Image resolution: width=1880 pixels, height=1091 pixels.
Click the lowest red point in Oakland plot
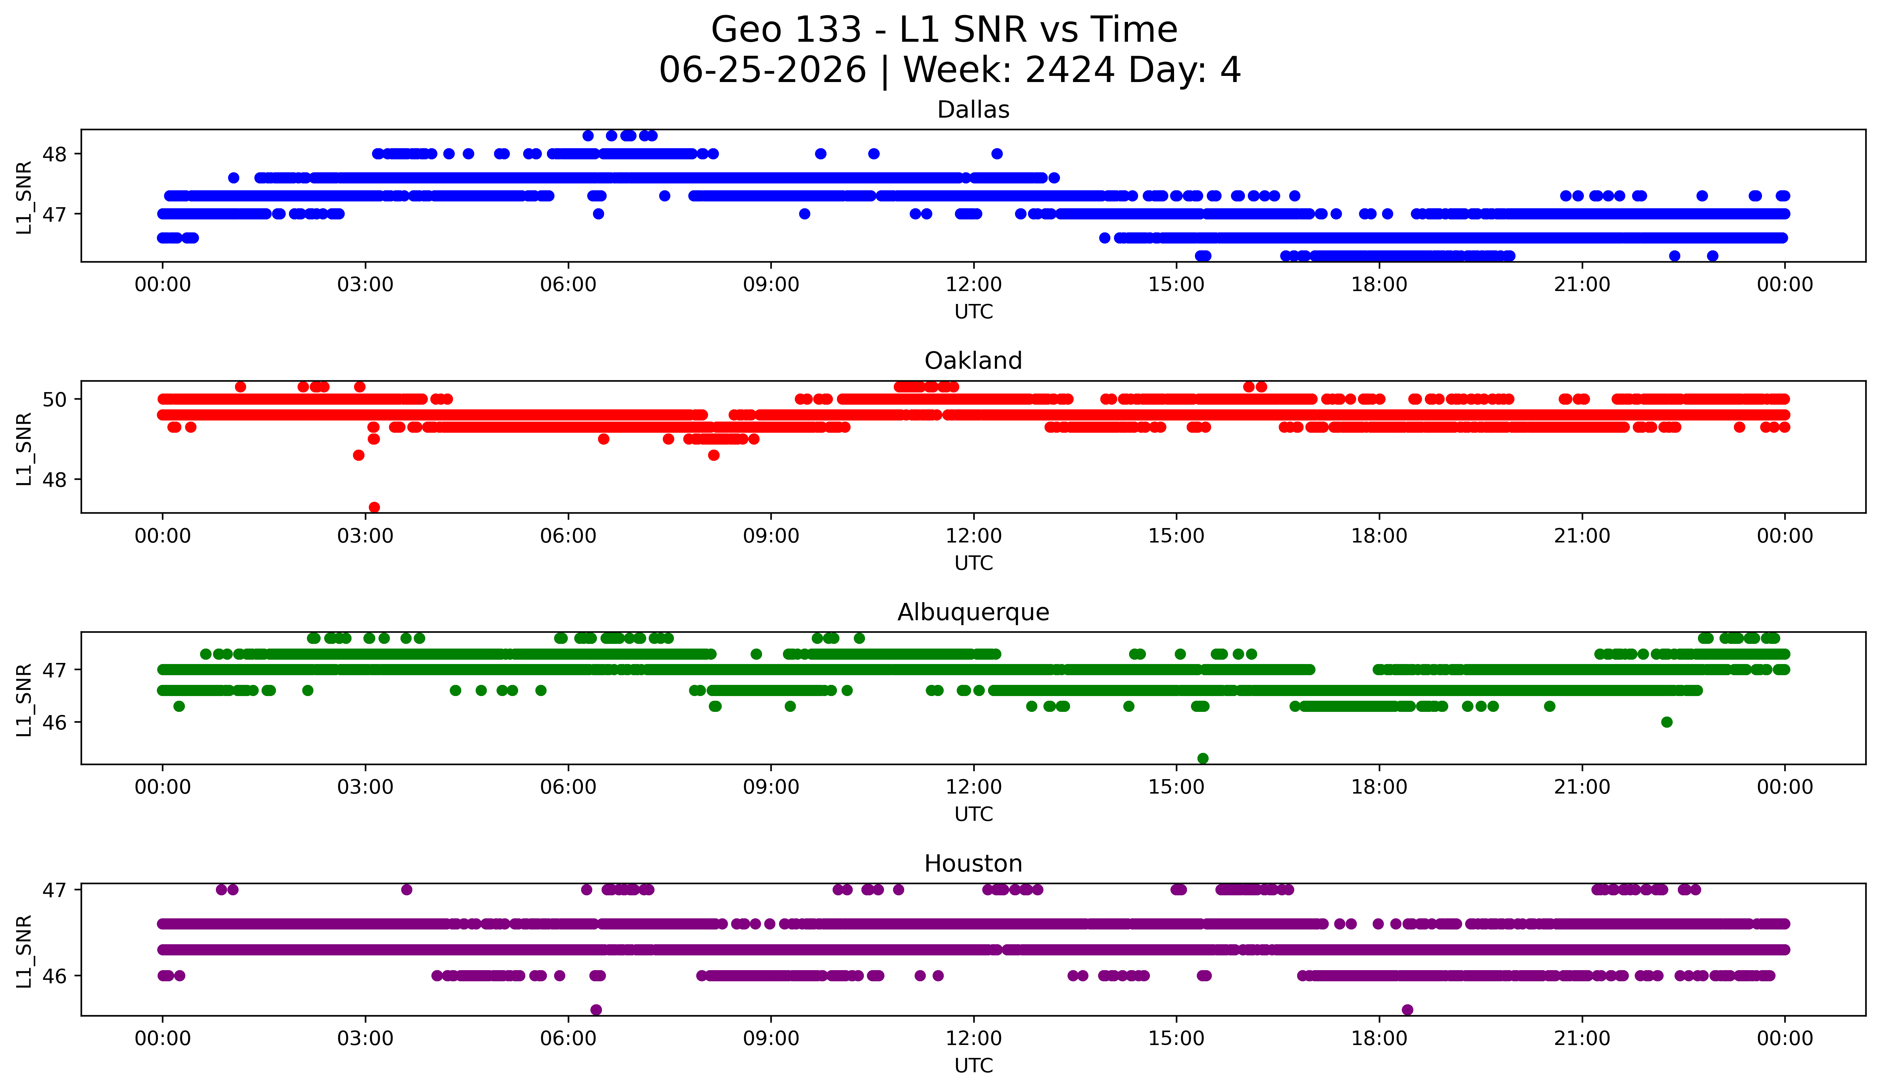tap(375, 507)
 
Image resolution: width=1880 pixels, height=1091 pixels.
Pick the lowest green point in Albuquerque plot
tap(1202, 758)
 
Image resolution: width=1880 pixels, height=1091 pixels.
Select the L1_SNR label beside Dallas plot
tap(24, 197)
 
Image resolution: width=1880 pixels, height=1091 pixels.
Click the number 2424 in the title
tap(1070, 70)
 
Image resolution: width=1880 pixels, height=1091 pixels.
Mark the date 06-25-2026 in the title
tap(762, 70)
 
